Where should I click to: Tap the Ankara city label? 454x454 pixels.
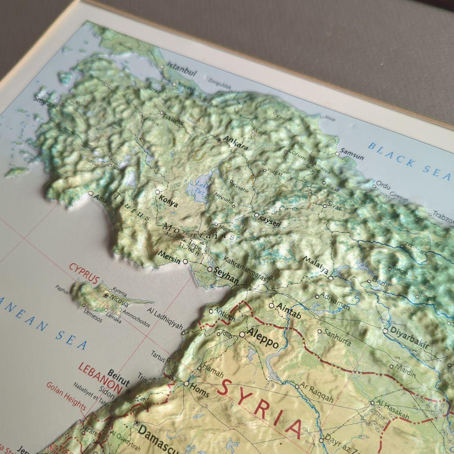click(x=235, y=143)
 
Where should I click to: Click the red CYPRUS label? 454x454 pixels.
click(x=84, y=273)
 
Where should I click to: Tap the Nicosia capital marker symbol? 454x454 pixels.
click(x=106, y=296)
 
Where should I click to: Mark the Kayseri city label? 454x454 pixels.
click(x=270, y=222)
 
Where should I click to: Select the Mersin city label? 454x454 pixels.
click(x=169, y=257)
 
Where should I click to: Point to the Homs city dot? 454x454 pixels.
click(x=186, y=383)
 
